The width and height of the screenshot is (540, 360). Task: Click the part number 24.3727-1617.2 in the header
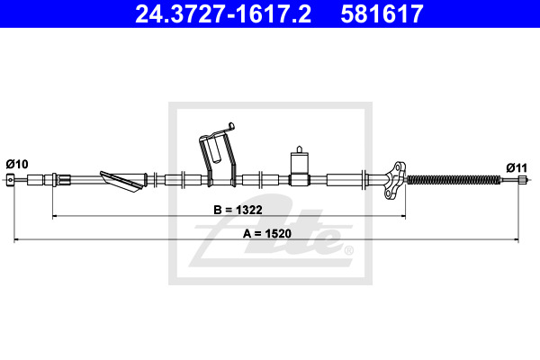tap(223, 13)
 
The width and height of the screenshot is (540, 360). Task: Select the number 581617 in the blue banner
tap(382, 13)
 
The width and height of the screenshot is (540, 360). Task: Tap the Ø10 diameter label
tap(17, 164)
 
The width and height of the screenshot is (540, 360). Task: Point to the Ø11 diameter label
tap(517, 167)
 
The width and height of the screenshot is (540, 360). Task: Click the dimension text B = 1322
tap(238, 210)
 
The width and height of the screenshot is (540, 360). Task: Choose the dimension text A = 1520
tap(267, 233)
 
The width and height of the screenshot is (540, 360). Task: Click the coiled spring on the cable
tap(454, 179)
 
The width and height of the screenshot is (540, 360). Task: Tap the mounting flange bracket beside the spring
tap(395, 180)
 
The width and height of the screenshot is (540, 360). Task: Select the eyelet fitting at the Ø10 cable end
tap(11, 179)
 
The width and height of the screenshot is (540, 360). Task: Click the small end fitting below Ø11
tap(523, 179)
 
